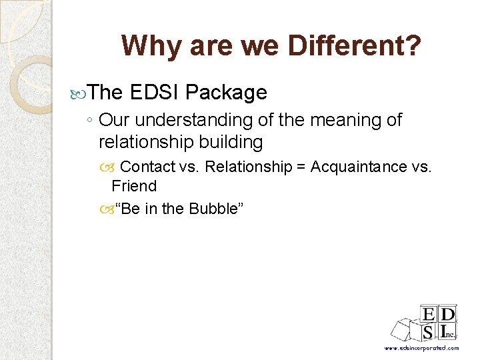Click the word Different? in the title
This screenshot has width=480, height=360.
pyautogui.click(x=354, y=46)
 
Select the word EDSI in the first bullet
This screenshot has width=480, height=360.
pyautogui.click(x=155, y=93)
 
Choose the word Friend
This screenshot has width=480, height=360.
pyautogui.click(x=134, y=186)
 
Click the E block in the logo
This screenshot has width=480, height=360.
pyautogui.click(x=428, y=315)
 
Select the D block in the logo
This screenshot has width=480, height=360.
pyautogui.click(x=448, y=315)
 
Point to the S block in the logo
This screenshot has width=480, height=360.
pyautogui.click(x=428, y=332)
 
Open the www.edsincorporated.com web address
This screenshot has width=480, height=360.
pyautogui.click(x=421, y=348)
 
